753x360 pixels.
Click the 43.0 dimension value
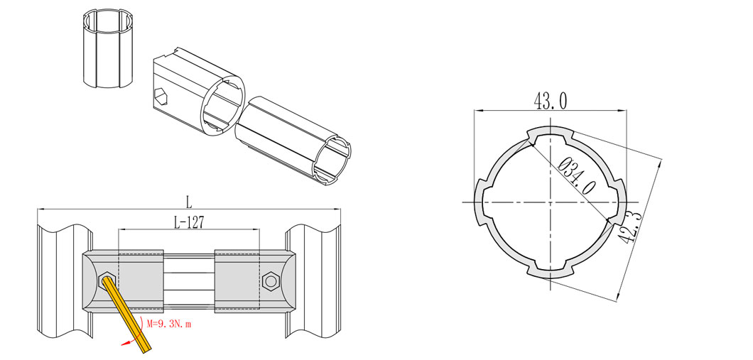click(x=550, y=102)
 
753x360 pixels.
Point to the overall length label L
click(x=189, y=202)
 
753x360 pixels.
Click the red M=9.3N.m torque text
click(x=169, y=324)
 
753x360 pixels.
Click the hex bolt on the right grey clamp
click(x=271, y=280)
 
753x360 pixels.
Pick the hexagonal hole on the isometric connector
click(x=162, y=97)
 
